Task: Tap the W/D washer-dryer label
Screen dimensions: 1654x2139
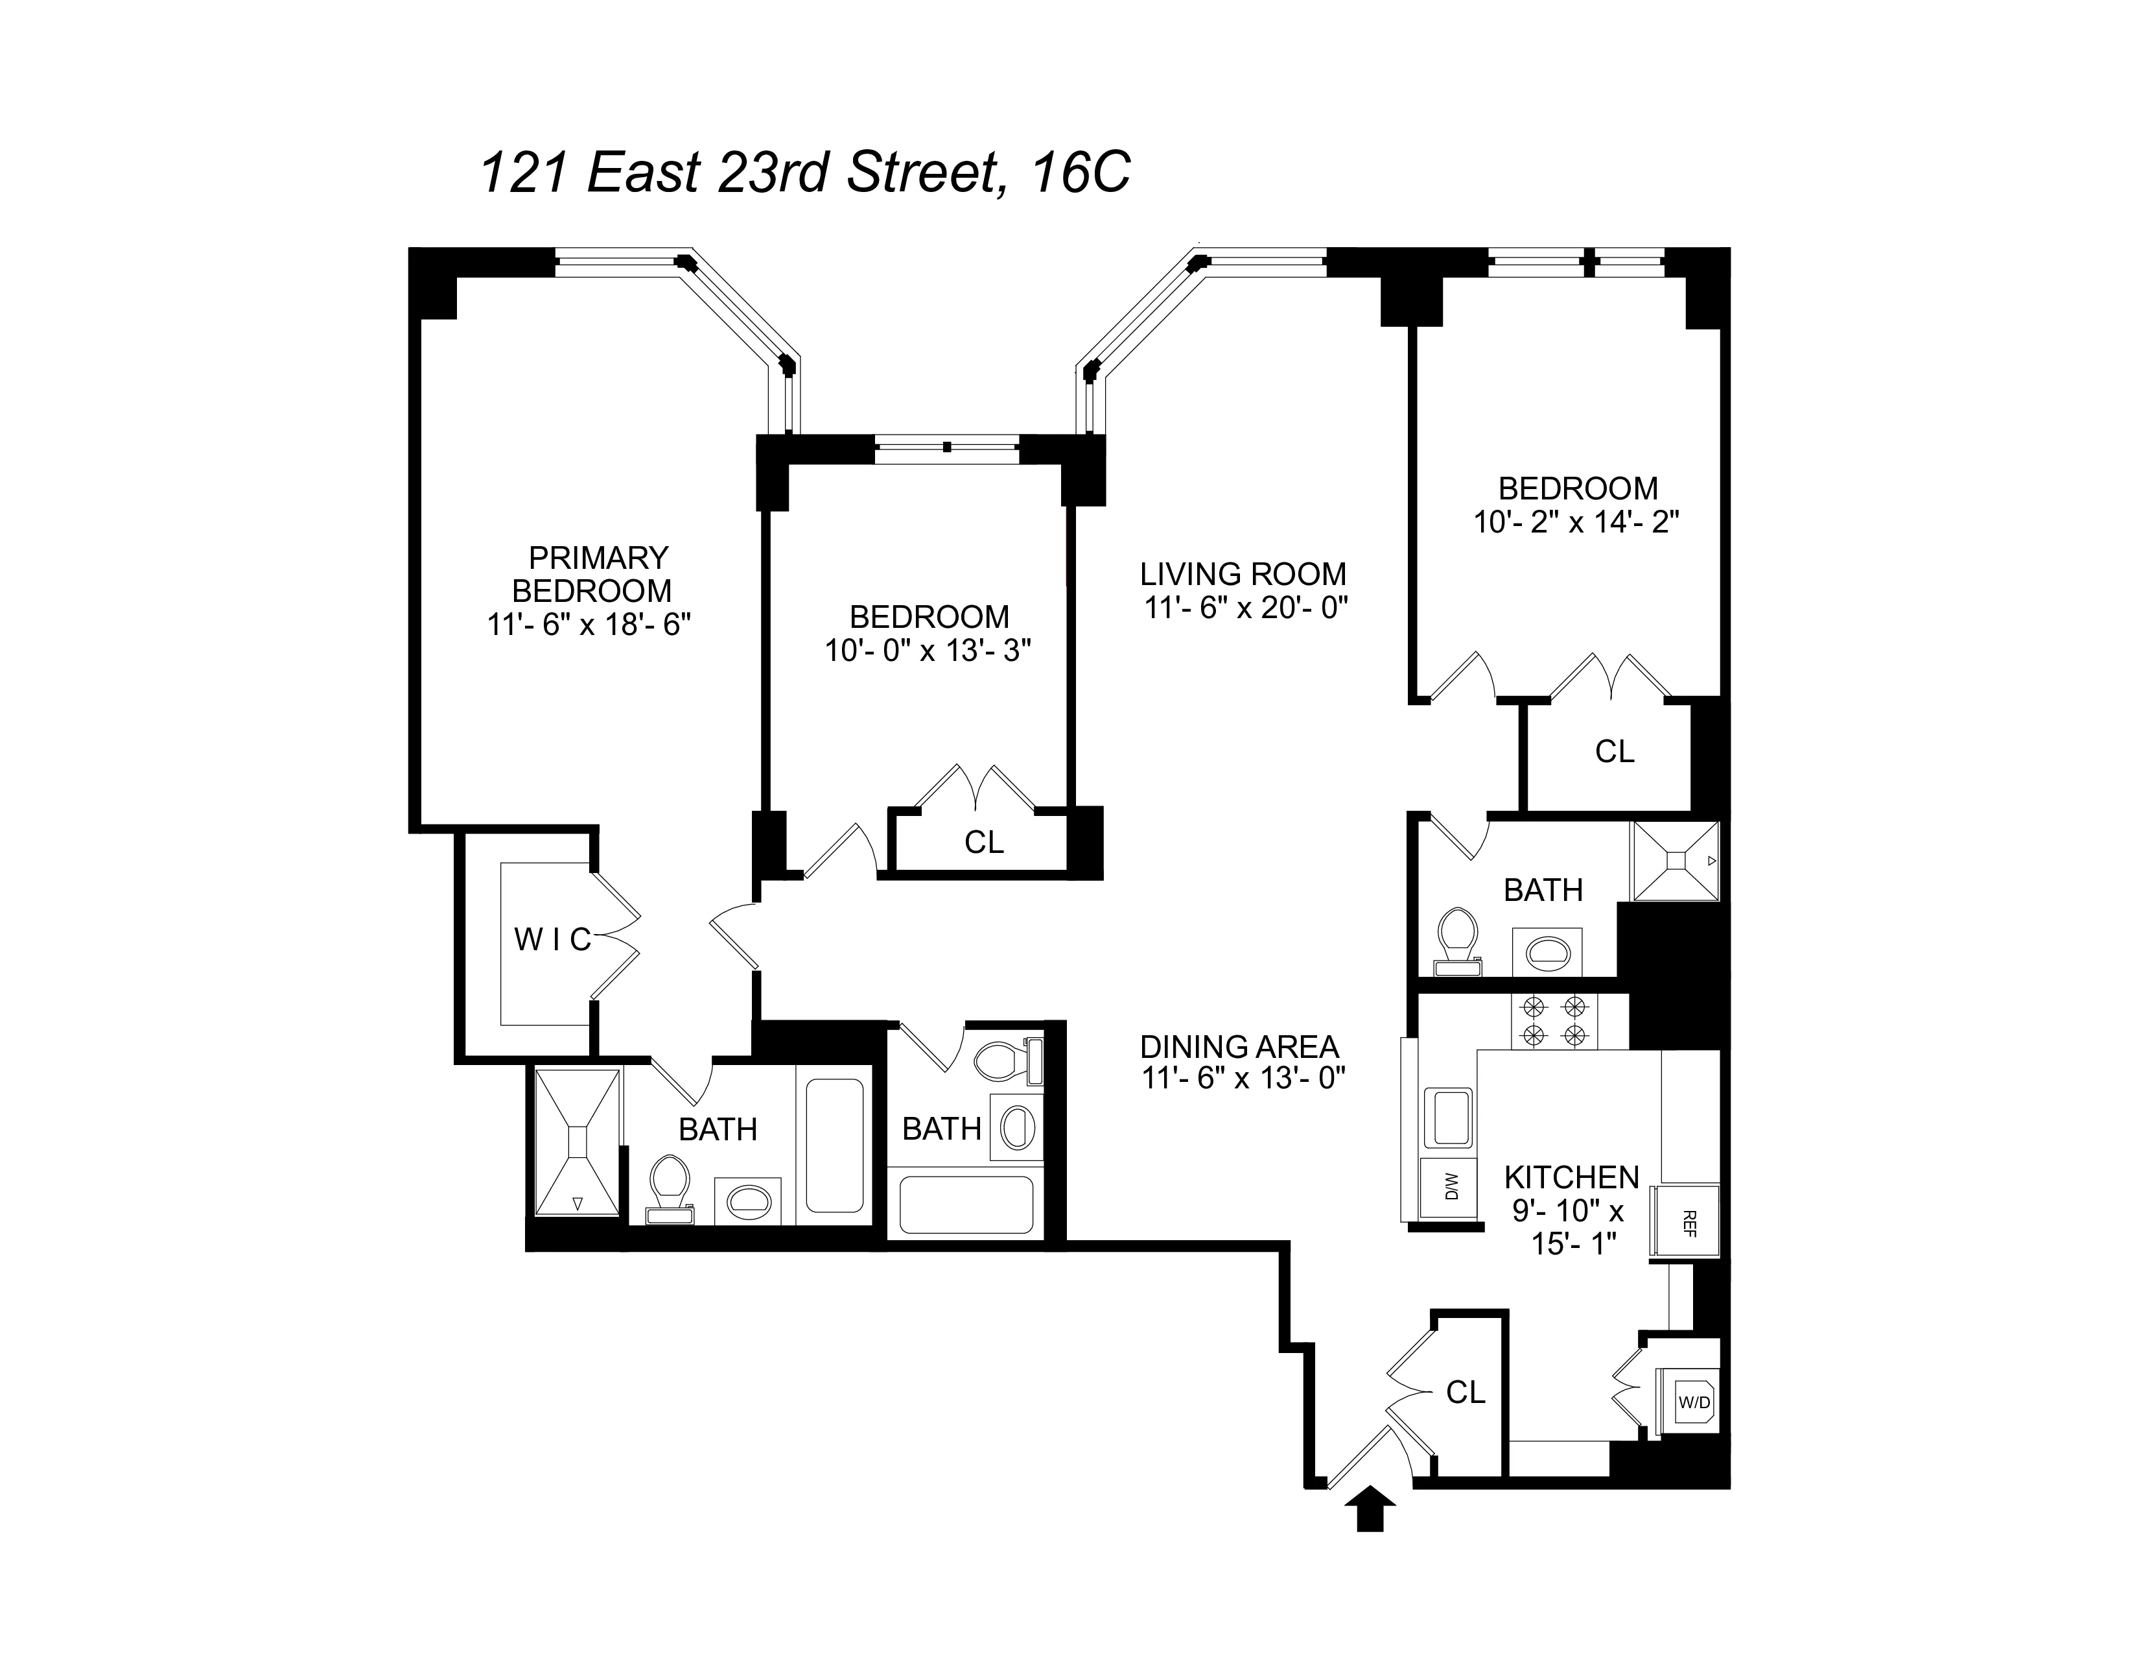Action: (x=1693, y=1402)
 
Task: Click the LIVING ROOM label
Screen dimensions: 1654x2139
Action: (x=1243, y=574)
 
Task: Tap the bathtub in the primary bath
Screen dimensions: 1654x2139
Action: (x=834, y=1145)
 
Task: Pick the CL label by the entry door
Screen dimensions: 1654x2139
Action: (x=1465, y=1393)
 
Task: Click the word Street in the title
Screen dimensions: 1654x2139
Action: (x=920, y=173)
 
